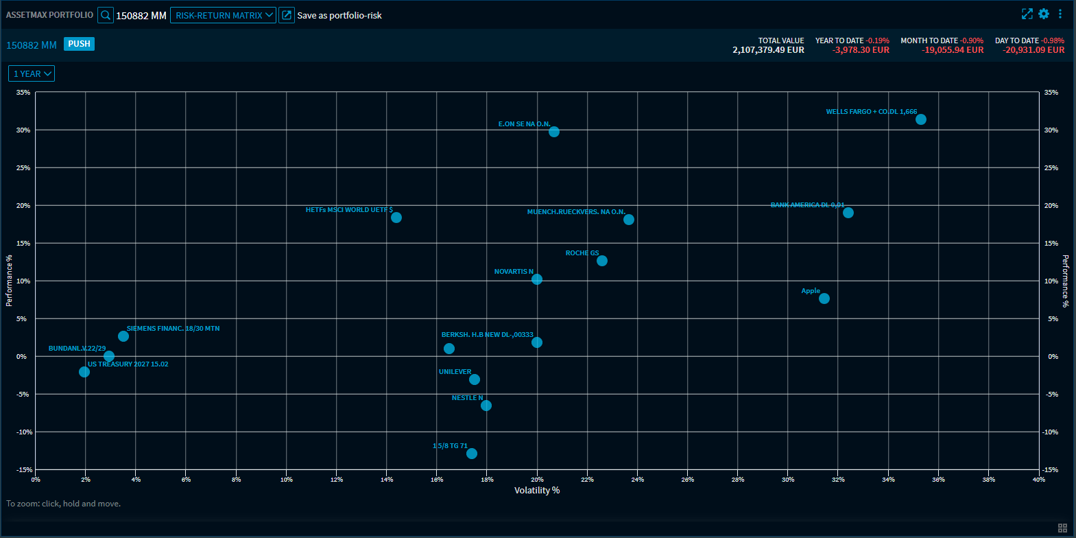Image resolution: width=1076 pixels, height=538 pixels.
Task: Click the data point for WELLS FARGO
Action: (x=920, y=119)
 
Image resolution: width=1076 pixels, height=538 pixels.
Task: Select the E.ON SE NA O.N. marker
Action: (x=554, y=132)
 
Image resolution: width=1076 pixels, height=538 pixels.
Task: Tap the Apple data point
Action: (x=824, y=299)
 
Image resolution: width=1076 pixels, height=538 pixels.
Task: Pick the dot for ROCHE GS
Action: (x=602, y=261)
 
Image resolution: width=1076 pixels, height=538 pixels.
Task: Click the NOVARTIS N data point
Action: (x=537, y=279)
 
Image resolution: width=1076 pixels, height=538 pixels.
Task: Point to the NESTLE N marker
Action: (x=486, y=406)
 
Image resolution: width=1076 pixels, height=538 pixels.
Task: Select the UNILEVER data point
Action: (x=475, y=379)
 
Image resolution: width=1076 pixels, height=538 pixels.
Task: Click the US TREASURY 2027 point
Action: (x=84, y=372)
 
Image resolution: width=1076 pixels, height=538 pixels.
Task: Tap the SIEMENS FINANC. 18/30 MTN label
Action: (x=173, y=329)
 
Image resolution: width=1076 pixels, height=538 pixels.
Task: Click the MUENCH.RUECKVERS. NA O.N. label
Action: (x=575, y=212)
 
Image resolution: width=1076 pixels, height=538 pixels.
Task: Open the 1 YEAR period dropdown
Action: (x=32, y=74)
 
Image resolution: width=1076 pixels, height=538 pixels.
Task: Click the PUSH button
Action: (x=79, y=44)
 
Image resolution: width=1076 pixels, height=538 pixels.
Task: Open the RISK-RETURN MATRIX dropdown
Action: (x=223, y=15)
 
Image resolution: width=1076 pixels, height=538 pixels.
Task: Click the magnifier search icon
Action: (x=106, y=15)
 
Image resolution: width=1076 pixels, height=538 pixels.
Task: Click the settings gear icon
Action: (x=1044, y=14)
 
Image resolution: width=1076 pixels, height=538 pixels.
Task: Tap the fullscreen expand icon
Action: (x=1027, y=14)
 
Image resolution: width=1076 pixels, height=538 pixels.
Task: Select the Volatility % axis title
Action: (x=537, y=490)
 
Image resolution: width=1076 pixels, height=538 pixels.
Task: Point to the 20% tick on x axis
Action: (x=537, y=480)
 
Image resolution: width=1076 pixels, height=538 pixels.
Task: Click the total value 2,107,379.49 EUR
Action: (x=768, y=50)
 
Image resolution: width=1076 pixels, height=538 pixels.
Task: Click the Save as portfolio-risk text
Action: (x=339, y=15)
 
